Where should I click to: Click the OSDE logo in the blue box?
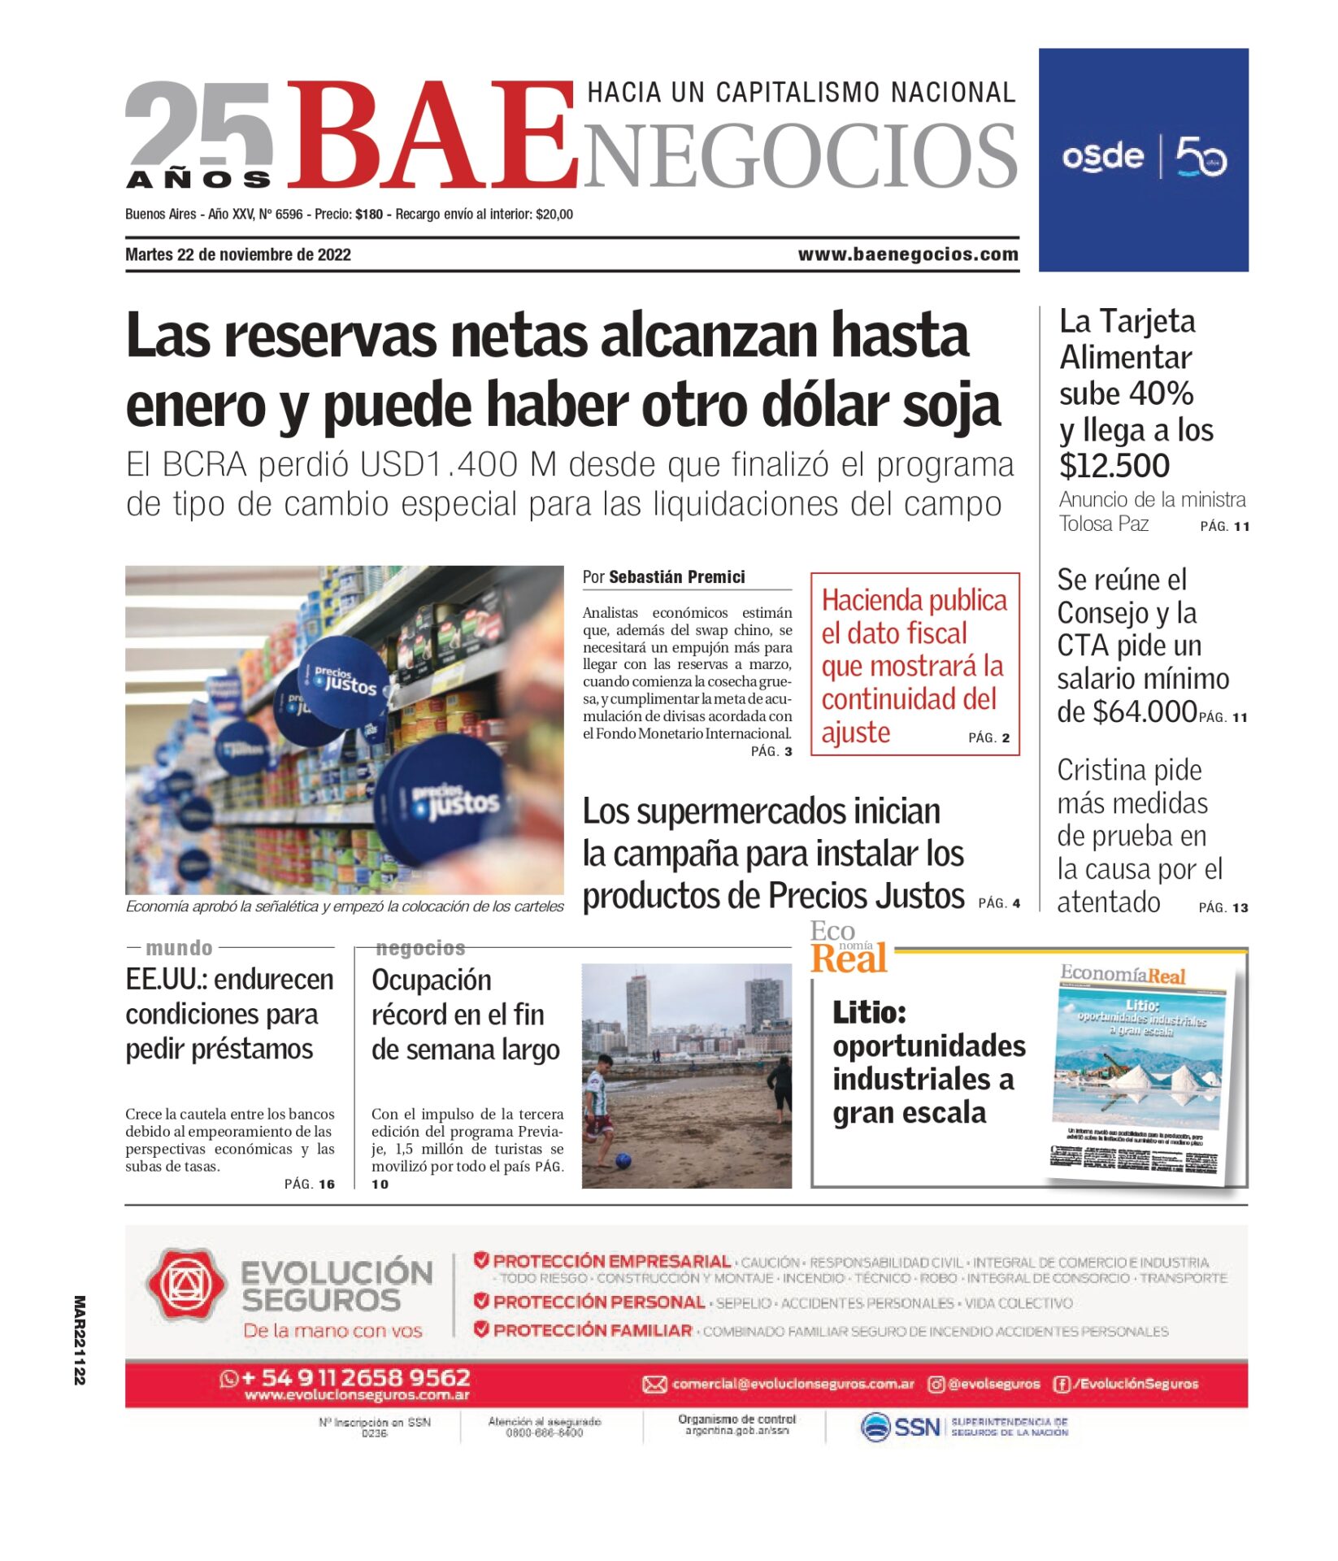click(1102, 156)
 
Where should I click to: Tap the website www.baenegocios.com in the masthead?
click(908, 254)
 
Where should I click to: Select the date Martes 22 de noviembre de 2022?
click(238, 254)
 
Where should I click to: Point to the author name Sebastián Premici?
click(676, 577)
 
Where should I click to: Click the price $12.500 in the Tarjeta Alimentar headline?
click(1114, 466)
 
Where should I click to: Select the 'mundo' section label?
click(179, 948)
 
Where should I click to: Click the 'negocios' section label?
click(420, 948)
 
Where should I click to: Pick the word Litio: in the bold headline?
click(869, 1013)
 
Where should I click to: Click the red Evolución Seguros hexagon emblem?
click(185, 1285)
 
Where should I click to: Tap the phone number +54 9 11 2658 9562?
click(356, 1377)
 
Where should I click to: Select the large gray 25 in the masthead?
click(199, 122)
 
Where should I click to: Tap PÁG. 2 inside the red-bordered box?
click(988, 738)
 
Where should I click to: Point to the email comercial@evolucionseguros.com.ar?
click(793, 1384)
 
